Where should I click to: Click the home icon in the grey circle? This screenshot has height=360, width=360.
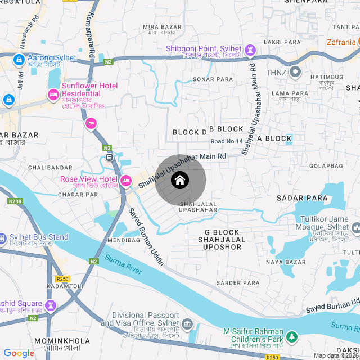click(180, 181)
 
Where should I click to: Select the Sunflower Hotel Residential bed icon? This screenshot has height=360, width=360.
click(54, 93)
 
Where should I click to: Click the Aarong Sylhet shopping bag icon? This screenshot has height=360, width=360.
click(19, 58)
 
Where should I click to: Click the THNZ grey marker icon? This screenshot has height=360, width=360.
click(296, 72)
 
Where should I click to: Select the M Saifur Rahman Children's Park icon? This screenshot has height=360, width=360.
click(291, 337)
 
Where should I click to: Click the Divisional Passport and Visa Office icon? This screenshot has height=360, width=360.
click(188, 325)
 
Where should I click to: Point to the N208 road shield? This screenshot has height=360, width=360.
click(15, 201)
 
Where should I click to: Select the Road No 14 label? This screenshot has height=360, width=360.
click(227, 141)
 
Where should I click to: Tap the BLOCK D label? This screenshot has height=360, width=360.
click(190, 132)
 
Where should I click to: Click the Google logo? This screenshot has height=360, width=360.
click(19, 353)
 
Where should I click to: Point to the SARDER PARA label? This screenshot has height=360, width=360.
click(238, 283)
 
